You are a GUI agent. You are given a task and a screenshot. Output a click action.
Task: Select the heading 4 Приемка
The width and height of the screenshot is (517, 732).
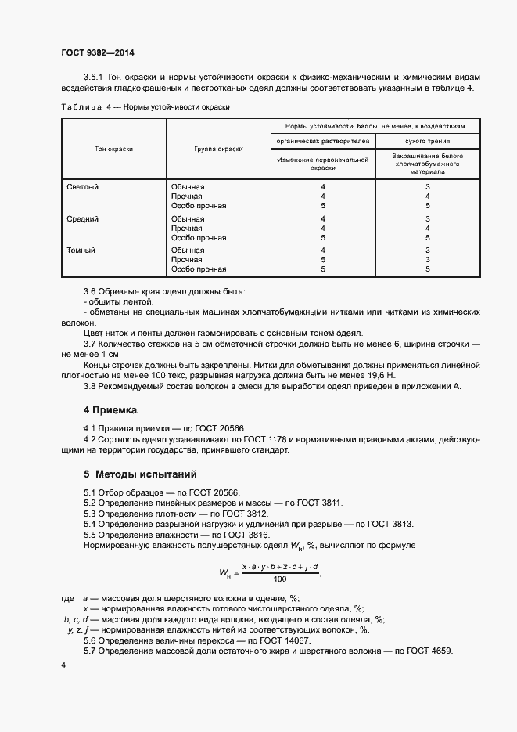point(110,409)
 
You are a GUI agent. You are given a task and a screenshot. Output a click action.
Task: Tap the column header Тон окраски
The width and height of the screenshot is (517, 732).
point(113,149)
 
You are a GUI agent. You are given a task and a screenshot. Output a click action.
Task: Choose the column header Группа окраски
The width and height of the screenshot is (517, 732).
point(218,149)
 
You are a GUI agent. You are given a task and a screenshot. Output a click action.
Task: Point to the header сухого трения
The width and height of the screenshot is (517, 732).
point(427,141)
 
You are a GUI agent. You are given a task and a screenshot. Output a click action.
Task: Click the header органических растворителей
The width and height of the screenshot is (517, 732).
point(322,141)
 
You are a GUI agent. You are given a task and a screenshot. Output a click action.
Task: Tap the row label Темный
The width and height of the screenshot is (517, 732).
point(81,251)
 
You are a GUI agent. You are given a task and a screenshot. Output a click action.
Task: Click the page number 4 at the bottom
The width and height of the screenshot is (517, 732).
point(63,665)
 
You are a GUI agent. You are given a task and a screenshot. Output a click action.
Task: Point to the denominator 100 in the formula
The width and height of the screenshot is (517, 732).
point(279,580)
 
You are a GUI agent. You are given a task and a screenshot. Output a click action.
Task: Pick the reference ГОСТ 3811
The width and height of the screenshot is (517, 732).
point(317,502)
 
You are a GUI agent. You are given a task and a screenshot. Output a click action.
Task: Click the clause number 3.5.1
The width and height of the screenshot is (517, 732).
point(95,77)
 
